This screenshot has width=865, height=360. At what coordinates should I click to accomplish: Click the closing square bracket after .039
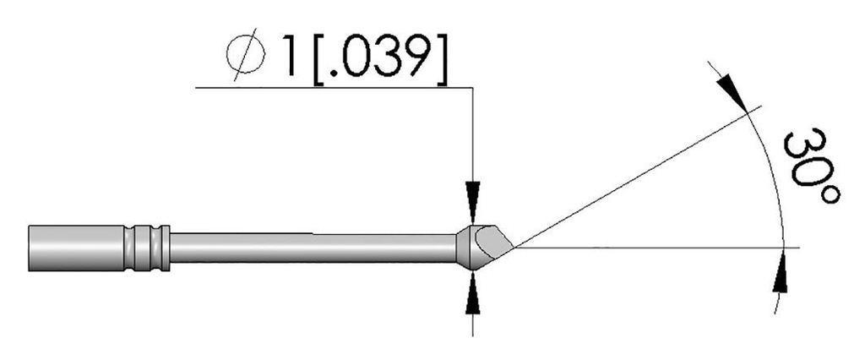pos(440,57)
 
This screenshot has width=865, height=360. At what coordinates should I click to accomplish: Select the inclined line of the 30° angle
pos(634,179)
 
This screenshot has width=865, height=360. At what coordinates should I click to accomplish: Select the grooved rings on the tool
pos(149,248)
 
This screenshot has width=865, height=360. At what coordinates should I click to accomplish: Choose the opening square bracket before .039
pos(319,57)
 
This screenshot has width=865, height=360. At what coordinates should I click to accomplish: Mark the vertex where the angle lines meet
pos(512,248)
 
